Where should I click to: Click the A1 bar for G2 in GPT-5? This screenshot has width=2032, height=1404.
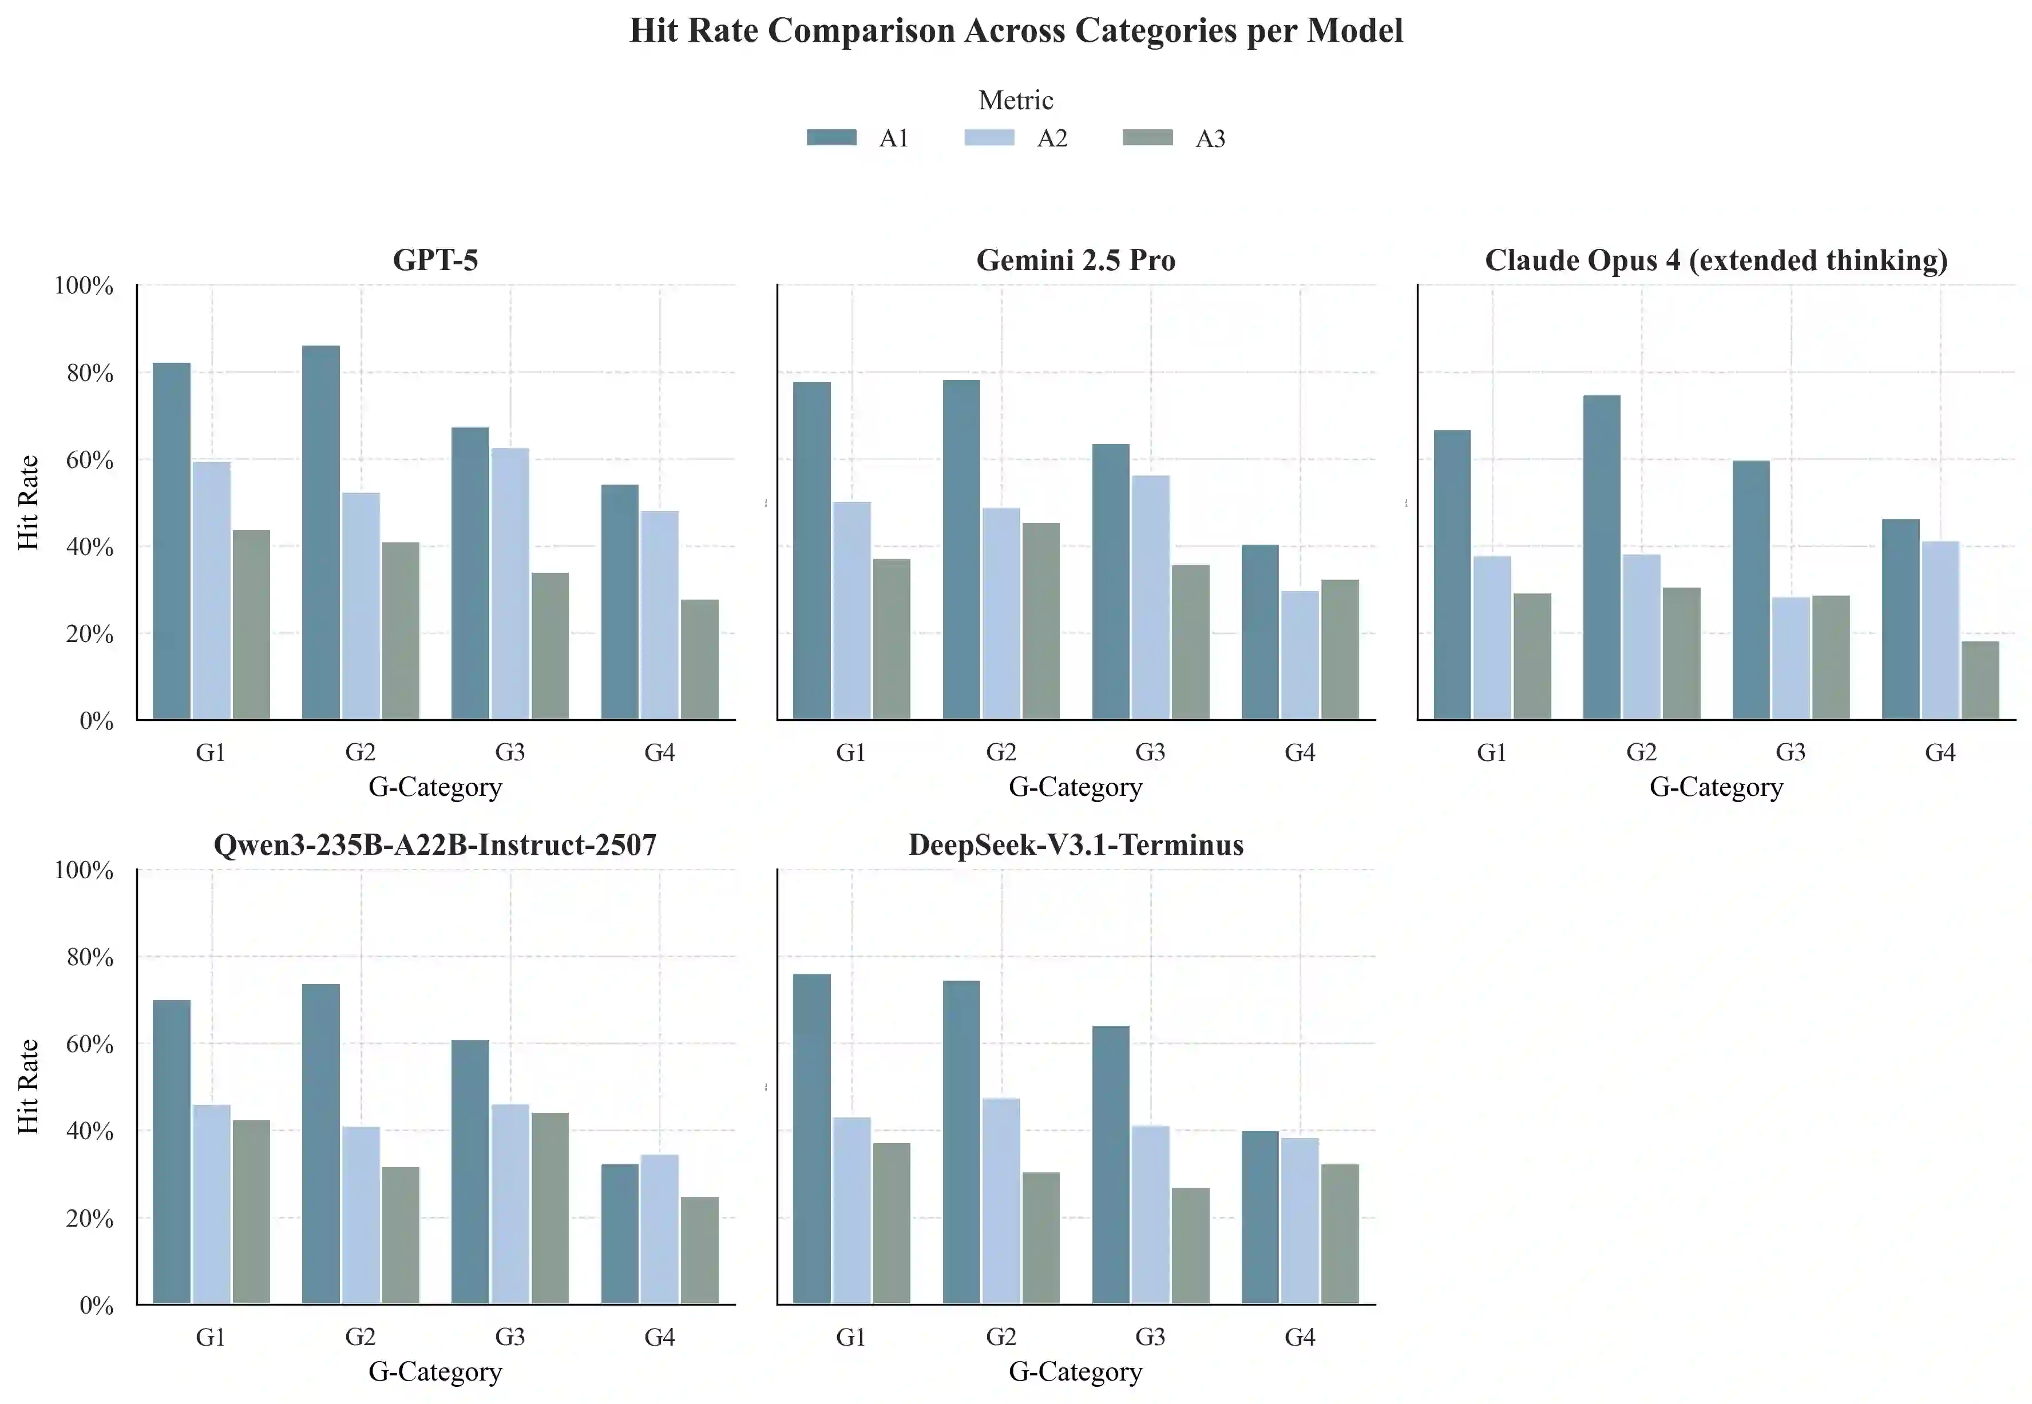[x=320, y=532]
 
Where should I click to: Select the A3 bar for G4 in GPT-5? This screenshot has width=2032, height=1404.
[x=699, y=660]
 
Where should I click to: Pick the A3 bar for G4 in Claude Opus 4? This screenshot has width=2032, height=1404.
[x=1980, y=680]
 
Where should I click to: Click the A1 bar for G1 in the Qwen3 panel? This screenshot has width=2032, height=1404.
[x=172, y=1152]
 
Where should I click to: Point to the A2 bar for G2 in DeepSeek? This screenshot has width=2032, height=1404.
[x=1001, y=1201]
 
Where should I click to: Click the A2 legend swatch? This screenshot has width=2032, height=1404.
[x=989, y=138]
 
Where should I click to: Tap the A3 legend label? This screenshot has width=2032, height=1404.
[x=1210, y=139]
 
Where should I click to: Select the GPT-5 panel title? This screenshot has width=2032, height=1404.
[x=435, y=260]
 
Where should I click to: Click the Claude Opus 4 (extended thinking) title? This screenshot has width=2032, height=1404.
[x=1716, y=260]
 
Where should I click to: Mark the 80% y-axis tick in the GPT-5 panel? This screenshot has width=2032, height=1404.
[x=90, y=373]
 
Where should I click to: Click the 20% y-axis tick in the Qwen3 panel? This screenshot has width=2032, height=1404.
[x=90, y=1219]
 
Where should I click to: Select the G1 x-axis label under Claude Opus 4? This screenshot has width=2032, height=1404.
[x=1491, y=752]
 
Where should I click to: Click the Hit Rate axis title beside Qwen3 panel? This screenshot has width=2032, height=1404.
[x=29, y=1086]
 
